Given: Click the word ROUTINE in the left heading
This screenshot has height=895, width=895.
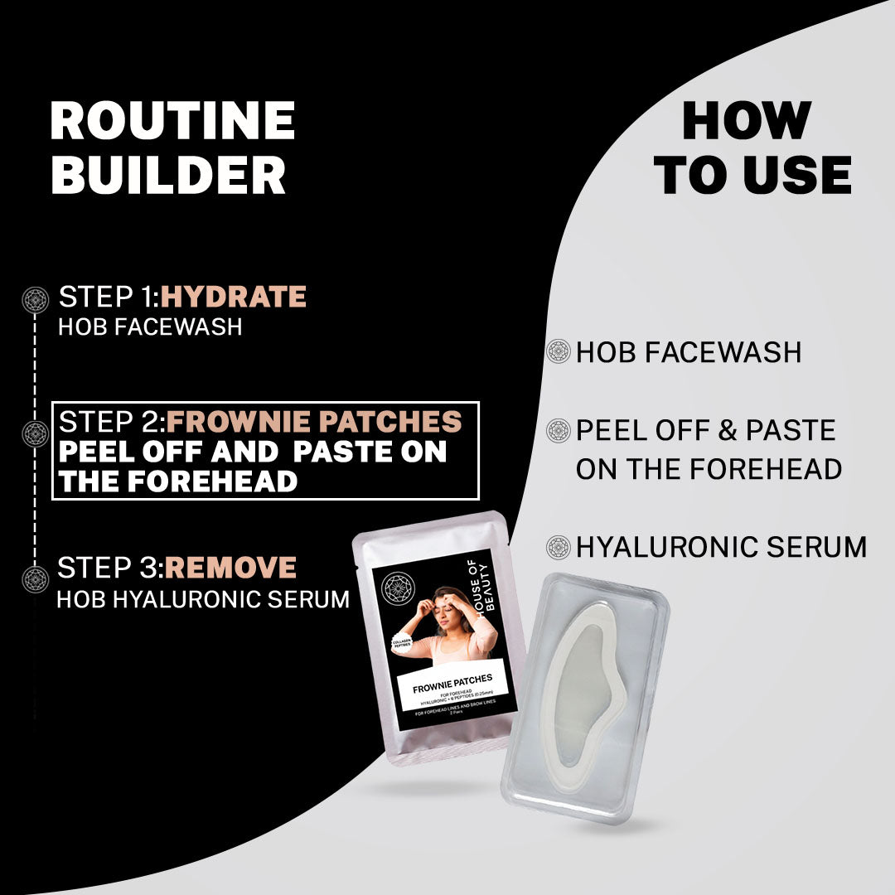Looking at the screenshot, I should (x=172, y=122).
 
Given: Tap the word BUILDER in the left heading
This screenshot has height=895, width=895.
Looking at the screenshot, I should (x=168, y=176).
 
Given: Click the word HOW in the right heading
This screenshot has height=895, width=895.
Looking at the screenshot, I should (x=746, y=122).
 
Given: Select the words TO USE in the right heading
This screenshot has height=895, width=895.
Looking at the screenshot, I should (x=752, y=176).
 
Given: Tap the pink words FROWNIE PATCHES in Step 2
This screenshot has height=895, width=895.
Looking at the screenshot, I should (x=314, y=422).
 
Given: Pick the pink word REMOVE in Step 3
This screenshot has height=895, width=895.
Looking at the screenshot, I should (x=230, y=568).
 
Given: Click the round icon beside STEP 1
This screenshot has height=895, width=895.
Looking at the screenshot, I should (x=36, y=299).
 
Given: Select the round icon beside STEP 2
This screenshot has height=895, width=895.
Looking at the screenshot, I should (x=36, y=433).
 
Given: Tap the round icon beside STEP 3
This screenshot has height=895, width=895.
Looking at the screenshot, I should (x=36, y=578).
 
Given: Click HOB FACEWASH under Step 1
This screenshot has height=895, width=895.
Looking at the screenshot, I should (x=150, y=327).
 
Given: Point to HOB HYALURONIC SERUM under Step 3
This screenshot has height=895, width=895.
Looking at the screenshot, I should (x=203, y=599).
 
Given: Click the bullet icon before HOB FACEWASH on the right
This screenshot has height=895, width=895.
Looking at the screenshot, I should (x=559, y=352).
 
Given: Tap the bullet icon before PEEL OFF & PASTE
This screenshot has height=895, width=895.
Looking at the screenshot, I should (x=559, y=431).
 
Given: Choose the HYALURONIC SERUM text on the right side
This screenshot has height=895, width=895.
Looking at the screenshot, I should (x=721, y=547).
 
